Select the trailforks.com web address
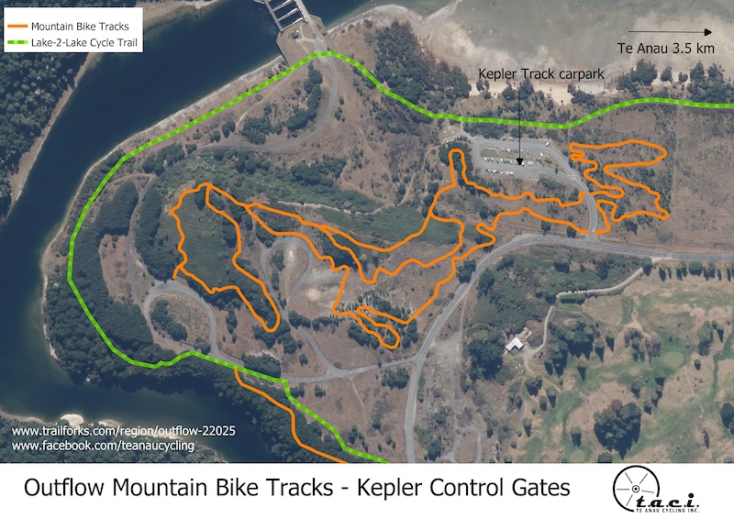[x=106, y=430]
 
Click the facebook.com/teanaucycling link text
[x=103, y=446]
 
